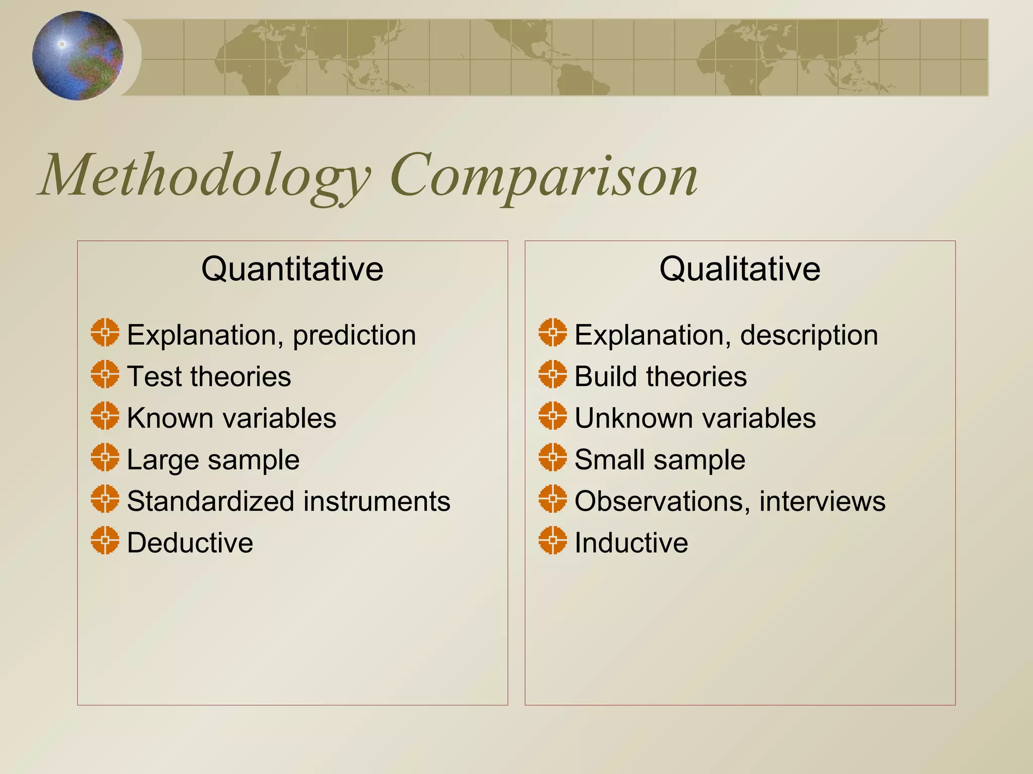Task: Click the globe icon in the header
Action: (x=78, y=55)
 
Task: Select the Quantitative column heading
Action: (x=292, y=269)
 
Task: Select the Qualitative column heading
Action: (x=739, y=269)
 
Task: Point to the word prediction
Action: (x=354, y=336)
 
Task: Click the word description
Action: (x=809, y=336)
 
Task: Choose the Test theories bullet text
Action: (x=209, y=376)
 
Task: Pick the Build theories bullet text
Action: (x=660, y=376)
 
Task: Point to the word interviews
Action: (x=822, y=501)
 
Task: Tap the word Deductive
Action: (x=190, y=543)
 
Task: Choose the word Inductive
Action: (x=631, y=543)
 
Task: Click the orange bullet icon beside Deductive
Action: (x=105, y=540)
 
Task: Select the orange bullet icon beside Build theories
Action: (x=552, y=374)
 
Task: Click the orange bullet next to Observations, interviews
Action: (x=552, y=499)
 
